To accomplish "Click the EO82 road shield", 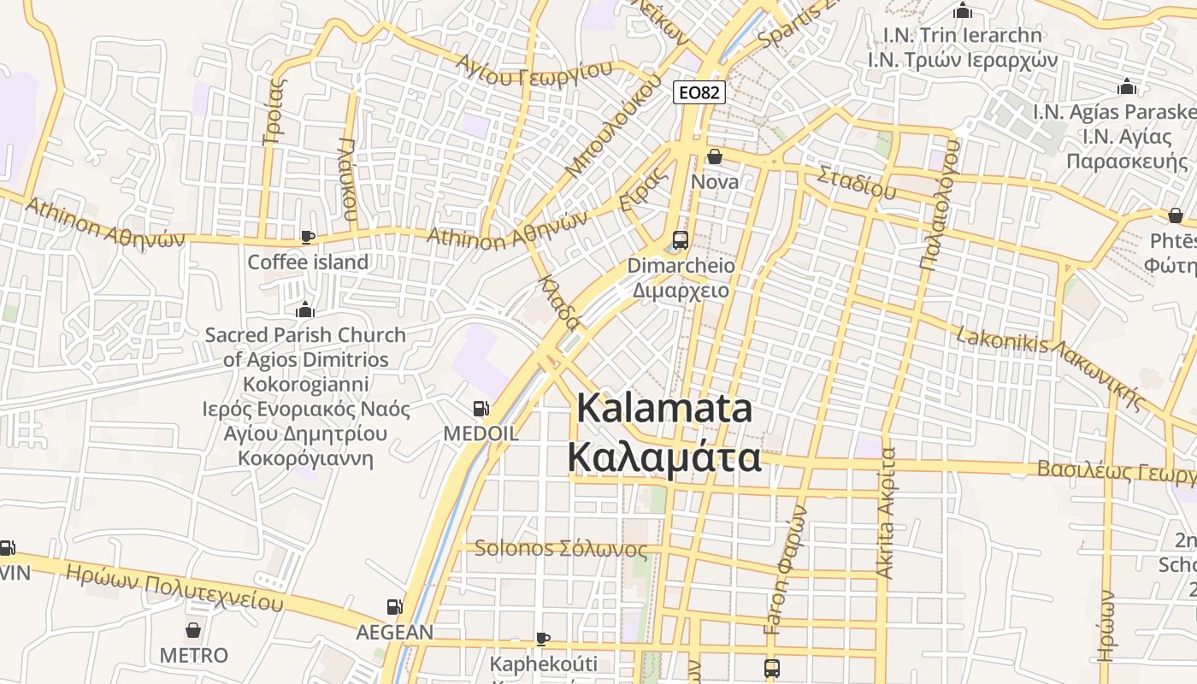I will (x=699, y=92).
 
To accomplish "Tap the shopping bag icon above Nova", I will (x=714, y=156).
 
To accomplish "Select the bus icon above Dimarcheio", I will (x=681, y=240).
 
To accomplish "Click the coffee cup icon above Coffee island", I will (x=307, y=237).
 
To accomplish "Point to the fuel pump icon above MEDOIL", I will (x=481, y=409).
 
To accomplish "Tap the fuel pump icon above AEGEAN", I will (x=394, y=607).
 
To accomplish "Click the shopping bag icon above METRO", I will (x=194, y=631).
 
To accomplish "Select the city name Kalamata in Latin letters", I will (x=664, y=408).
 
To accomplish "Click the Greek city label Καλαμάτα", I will (x=664, y=457).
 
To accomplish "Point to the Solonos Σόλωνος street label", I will (x=560, y=548).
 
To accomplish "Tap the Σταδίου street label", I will (x=856, y=183).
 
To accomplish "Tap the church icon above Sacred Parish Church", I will (x=304, y=310).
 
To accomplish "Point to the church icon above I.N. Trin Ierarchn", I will (x=963, y=11).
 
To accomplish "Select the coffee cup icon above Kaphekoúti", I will (x=542, y=639).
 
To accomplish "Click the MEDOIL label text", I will (x=481, y=433).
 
